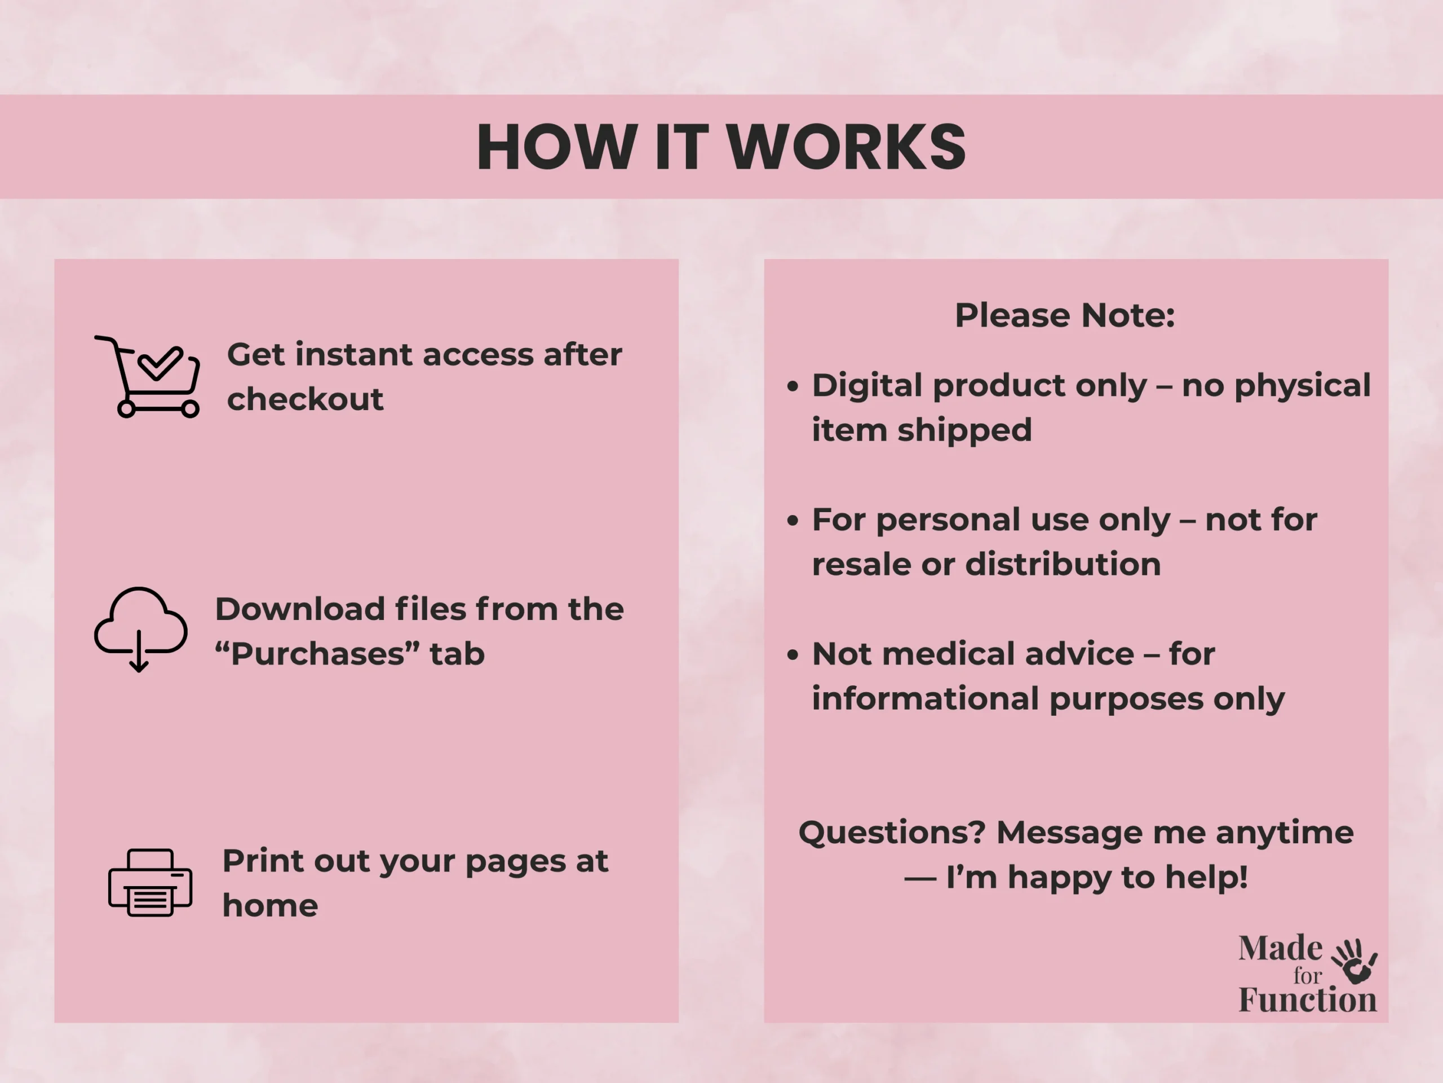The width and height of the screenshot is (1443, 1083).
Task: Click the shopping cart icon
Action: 148,377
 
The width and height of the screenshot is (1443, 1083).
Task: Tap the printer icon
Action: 150,883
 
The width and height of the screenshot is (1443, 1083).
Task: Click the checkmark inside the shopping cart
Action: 161,363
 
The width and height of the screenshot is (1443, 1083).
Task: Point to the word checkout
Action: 304,399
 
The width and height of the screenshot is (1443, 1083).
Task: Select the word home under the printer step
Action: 270,905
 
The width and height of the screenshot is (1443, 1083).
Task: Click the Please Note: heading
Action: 1065,315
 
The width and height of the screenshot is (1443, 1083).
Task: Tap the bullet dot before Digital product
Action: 793,386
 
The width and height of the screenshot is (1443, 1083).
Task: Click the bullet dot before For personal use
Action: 793,521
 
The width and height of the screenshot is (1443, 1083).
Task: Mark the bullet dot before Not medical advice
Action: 793,655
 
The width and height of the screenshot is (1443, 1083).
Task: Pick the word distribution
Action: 1063,564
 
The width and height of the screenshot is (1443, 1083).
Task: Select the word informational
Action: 926,698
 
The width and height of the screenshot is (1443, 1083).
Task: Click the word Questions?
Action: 892,833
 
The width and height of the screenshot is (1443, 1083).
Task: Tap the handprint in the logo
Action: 1355,962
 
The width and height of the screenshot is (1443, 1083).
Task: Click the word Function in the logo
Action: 1307,1000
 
